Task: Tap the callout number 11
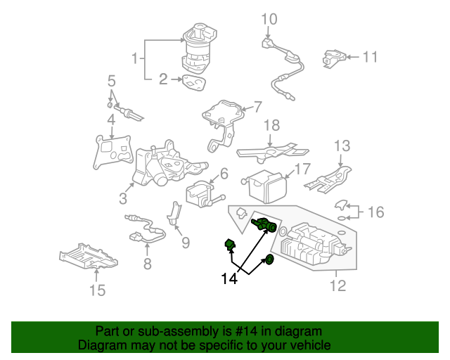click(370, 57)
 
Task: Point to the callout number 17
click(302, 169)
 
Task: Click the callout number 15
click(98, 290)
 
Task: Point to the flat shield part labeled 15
click(98, 258)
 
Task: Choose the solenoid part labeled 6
click(200, 192)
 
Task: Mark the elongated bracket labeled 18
click(271, 150)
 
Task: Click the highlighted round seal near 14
click(269, 262)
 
